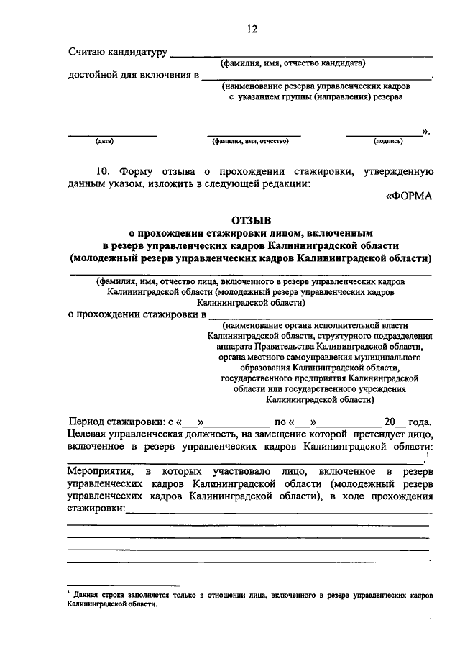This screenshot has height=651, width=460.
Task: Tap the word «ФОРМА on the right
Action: tap(408, 197)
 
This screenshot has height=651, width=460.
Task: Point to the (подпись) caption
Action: tap(388, 141)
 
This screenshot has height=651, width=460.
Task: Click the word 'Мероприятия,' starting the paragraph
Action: tap(98, 470)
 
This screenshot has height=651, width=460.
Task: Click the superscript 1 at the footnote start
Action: tap(69, 593)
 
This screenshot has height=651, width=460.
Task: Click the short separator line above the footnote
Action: tap(123, 586)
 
